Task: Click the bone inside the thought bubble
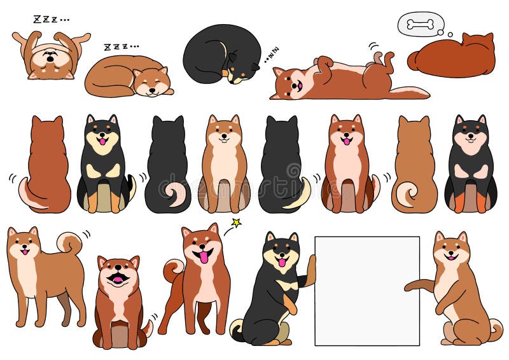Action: point(420,24)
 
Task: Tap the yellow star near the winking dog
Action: point(236,223)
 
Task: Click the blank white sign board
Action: point(367,291)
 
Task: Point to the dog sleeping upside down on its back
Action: point(50,55)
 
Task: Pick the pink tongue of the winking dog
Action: point(203,257)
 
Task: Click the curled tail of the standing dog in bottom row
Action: point(69,242)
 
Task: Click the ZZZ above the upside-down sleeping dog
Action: point(50,20)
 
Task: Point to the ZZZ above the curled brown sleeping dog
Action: point(120,46)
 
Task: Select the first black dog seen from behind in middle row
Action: point(167,165)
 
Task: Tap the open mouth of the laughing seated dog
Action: point(118,277)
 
